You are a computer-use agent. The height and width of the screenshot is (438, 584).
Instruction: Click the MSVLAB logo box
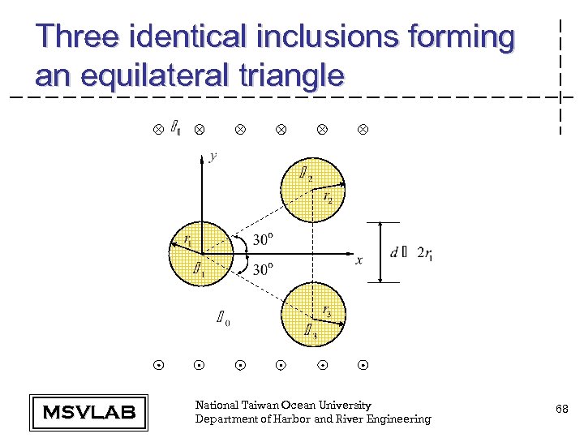pos(88,412)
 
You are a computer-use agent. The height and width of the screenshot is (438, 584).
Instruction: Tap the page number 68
pos(561,410)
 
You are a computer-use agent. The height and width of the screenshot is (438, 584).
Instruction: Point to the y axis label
pos(213,156)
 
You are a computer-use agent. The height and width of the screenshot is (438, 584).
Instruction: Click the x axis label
pos(359,260)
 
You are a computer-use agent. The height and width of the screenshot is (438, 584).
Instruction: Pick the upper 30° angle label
pos(263,239)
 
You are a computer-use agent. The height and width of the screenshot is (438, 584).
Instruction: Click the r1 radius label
pos(188,240)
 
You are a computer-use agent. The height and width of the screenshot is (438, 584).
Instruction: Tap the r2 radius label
pos(328,196)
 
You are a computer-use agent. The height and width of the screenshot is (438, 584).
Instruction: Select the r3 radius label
pos(326,310)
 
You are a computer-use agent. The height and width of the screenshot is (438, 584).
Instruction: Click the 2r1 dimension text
pos(423,253)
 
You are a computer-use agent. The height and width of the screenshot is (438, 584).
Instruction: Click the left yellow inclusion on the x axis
pos(200,253)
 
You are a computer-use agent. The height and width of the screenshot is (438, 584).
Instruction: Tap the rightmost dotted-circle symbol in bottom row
pos(363,366)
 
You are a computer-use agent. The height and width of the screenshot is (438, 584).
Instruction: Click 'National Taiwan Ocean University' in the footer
pos(283,405)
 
